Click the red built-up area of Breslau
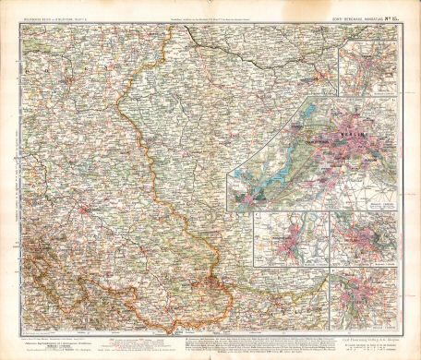(x=86, y=209)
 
